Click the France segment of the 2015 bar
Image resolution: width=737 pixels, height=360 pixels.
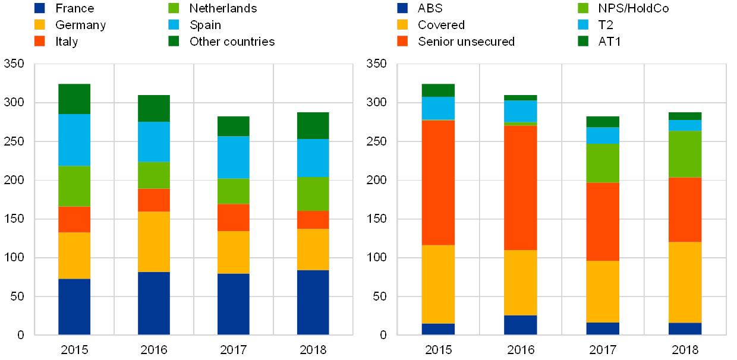tap(74, 307)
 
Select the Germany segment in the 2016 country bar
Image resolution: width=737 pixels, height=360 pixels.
tap(154, 242)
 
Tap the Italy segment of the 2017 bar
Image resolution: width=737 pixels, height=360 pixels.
tap(234, 217)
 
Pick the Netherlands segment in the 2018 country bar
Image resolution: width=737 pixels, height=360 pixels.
tap(313, 194)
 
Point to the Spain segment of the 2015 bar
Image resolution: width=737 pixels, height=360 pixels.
tap(74, 140)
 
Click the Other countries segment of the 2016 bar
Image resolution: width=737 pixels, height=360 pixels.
tap(154, 109)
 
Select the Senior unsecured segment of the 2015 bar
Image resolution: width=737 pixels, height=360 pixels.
tap(438, 182)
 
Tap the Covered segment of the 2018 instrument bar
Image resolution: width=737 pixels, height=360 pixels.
tap(685, 282)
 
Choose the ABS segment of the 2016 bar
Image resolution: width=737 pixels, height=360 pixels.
tap(520, 325)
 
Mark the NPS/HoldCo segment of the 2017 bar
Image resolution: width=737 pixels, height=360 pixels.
tap(603, 163)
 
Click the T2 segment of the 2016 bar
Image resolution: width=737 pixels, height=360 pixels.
tap(520, 111)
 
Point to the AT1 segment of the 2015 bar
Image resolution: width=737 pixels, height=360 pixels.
tap(438, 90)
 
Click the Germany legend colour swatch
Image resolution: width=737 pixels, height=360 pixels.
tap(40, 25)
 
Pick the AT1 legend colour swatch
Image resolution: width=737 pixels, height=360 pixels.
tap(584, 42)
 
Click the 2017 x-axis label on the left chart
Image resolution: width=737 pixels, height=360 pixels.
tap(234, 349)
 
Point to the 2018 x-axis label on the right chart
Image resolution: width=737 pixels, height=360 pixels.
tap(685, 349)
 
